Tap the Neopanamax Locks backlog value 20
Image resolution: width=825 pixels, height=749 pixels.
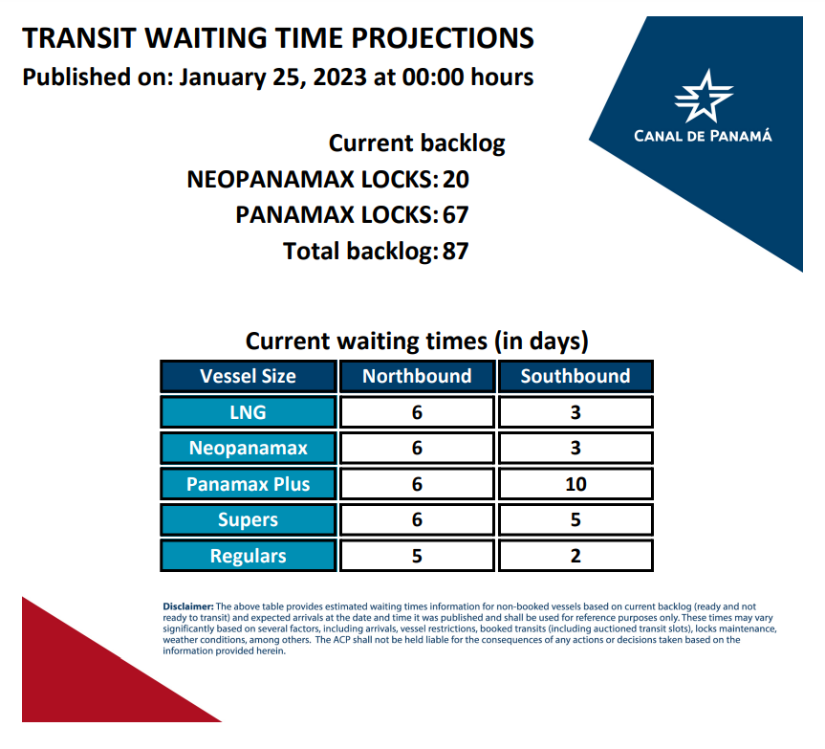456,180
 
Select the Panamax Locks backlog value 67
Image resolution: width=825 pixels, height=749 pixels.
456,215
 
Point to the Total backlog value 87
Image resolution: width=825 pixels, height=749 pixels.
456,251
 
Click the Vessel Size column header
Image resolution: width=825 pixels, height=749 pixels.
249,376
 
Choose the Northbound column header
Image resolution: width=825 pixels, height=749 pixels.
417,376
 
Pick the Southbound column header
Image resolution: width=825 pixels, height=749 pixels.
575,376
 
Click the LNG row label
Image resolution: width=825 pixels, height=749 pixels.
249,412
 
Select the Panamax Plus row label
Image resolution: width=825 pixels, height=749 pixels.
249,484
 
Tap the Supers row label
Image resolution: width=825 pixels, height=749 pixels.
249,520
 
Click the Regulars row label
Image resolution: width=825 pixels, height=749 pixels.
249,556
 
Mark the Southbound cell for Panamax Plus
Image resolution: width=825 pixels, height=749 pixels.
575,484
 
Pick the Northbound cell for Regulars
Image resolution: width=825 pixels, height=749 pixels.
417,556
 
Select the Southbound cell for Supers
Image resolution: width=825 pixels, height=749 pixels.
575,520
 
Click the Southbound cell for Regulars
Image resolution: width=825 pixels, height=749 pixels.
575,556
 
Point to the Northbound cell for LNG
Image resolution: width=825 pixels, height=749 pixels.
417,412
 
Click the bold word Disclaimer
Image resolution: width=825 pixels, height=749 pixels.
187,606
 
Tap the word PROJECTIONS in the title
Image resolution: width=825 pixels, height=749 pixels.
443,38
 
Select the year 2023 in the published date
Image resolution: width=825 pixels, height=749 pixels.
340,77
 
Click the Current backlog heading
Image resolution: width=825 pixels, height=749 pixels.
417,143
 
